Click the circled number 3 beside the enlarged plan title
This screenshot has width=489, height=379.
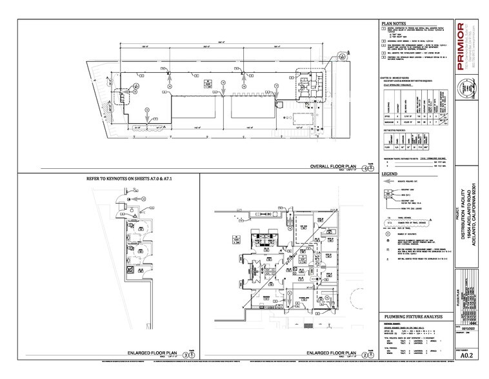point(186,355)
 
